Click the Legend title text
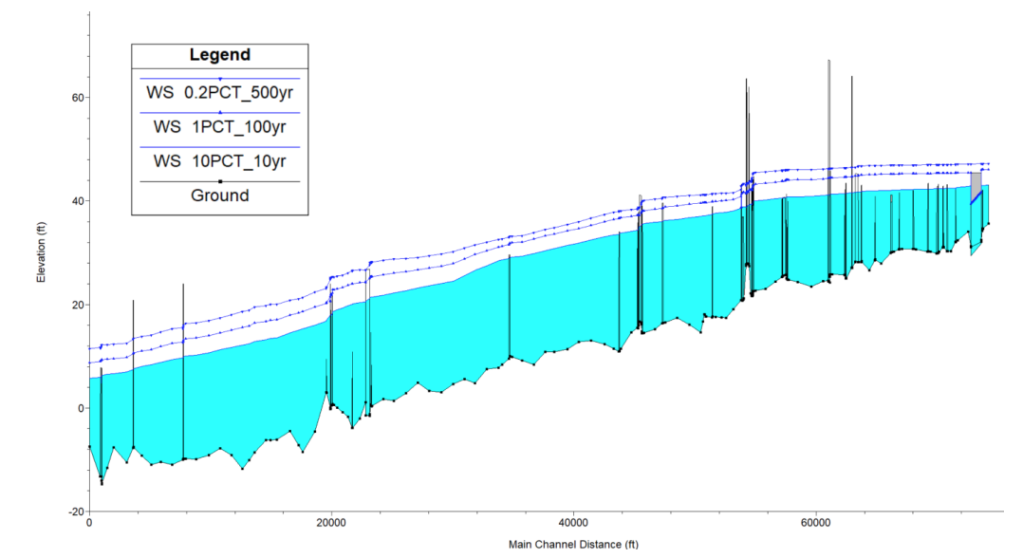click(x=219, y=55)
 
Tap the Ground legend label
click(x=219, y=195)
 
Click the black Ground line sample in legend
click(x=219, y=181)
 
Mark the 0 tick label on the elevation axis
click(x=79, y=408)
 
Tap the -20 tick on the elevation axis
click(x=73, y=512)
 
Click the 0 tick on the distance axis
click(x=89, y=523)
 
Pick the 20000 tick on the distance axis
click(x=331, y=523)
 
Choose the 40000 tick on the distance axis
click(x=574, y=523)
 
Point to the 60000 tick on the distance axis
click(x=817, y=523)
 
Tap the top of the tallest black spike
click(x=828, y=61)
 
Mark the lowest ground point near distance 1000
click(x=102, y=483)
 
